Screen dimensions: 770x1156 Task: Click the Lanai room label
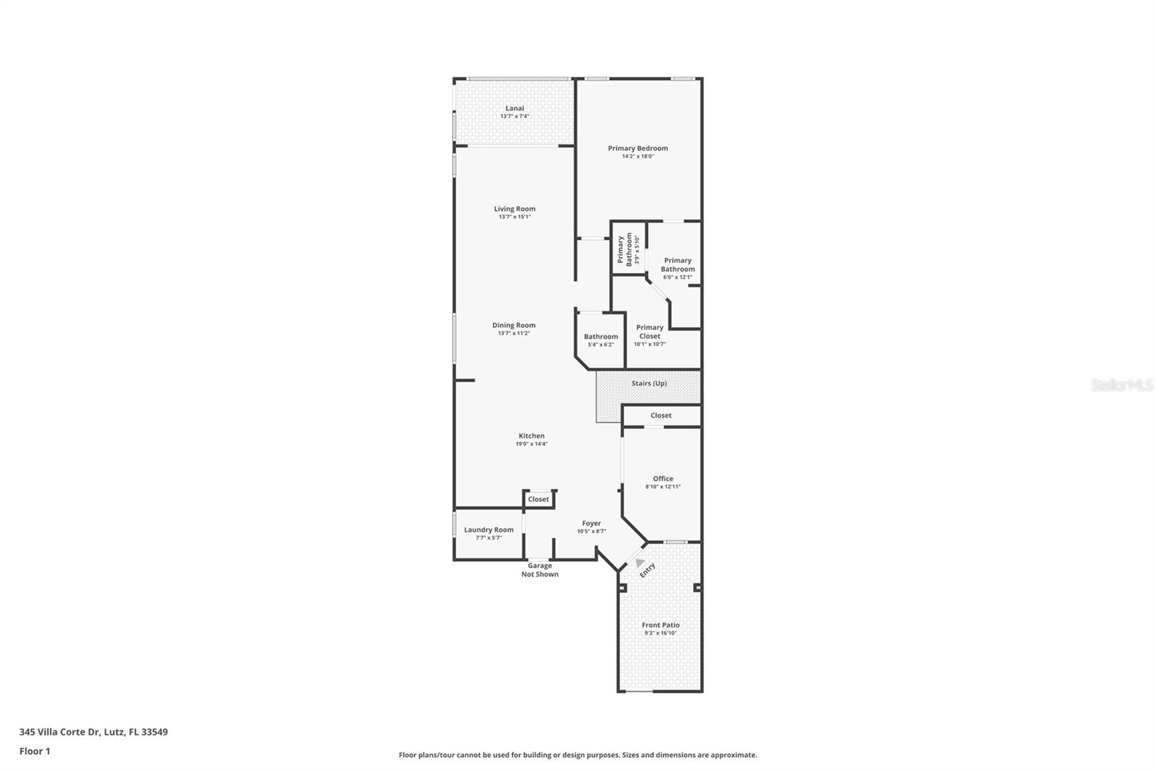514,108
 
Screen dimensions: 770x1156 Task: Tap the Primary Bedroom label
637,148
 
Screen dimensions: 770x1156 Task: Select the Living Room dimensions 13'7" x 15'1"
514,217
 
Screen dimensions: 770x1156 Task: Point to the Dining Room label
514,325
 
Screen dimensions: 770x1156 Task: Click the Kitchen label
531,436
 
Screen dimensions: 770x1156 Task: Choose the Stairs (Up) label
649,384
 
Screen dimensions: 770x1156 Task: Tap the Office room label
663,478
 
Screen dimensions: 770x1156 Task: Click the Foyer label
591,523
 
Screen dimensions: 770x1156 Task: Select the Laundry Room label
488,529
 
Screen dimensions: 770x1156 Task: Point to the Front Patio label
660,625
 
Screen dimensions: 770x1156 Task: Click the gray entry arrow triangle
639,561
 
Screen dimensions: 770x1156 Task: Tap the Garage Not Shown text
540,570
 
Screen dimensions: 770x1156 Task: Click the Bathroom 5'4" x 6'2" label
600,339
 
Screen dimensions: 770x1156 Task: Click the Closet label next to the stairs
660,415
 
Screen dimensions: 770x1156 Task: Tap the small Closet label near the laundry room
538,499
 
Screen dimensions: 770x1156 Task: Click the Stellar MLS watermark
1121,386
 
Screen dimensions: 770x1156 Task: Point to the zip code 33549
155,732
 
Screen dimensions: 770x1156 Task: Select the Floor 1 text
35,751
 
